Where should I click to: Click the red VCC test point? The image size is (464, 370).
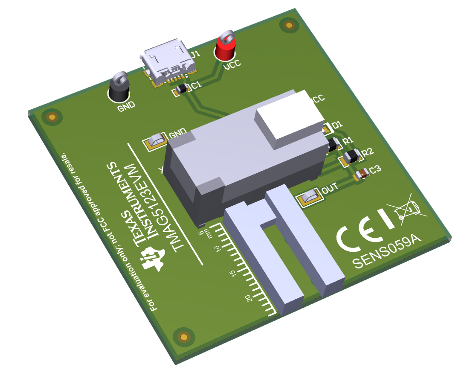(x=225, y=49)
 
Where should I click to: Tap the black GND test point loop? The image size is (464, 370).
(x=119, y=88)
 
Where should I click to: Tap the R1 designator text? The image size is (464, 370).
(x=348, y=140)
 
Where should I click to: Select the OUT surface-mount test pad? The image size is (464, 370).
(x=310, y=197)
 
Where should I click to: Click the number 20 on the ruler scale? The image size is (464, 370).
(x=250, y=298)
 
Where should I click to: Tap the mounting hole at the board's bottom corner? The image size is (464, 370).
(x=184, y=337)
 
